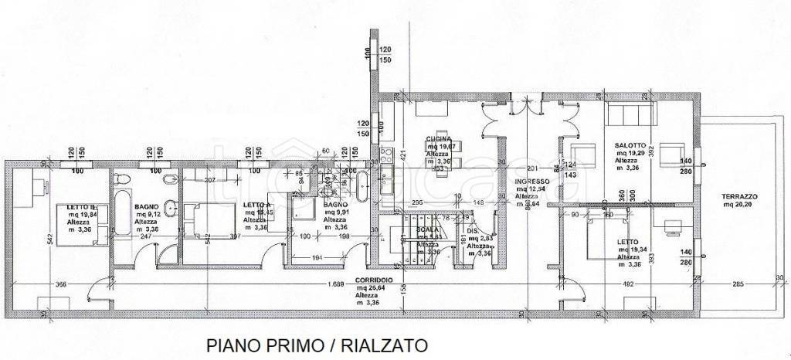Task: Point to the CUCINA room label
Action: [440, 139]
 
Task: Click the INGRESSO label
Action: [532, 180]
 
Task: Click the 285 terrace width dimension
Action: [738, 284]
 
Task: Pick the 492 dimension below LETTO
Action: [627, 284]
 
